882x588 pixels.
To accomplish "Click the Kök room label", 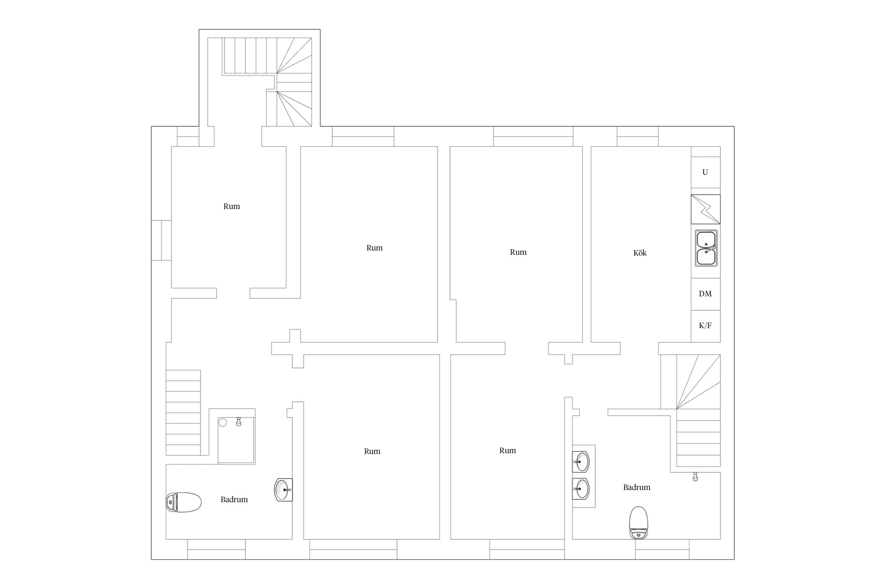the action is click(640, 253).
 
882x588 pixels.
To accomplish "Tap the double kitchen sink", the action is click(706, 248).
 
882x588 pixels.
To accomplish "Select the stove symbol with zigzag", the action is click(706, 209).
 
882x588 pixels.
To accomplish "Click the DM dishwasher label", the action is click(705, 294).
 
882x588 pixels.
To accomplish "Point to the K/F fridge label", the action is click(705, 325).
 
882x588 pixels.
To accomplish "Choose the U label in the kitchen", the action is click(705, 172).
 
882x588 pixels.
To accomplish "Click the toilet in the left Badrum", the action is click(184, 502).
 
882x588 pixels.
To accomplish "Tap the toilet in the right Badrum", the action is click(639, 523).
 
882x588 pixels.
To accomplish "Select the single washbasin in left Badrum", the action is click(283, 490).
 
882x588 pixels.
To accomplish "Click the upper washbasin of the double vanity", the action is click(581, 461).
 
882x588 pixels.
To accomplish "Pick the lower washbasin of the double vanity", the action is click(581, 489).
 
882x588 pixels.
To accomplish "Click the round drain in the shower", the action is click(223, 423).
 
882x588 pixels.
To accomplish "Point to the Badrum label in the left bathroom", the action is click(234, 499).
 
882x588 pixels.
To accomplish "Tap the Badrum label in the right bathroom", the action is click(637, 487).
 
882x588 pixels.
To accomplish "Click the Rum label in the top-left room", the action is click(232, 206).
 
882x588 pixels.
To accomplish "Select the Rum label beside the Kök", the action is click(518, 252).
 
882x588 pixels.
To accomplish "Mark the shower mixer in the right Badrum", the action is click(695, 476).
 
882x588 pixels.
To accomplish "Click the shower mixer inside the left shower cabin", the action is click(238, 421).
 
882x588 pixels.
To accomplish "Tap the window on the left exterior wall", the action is click(162, 240).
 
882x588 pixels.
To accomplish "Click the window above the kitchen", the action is click(638, 136).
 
